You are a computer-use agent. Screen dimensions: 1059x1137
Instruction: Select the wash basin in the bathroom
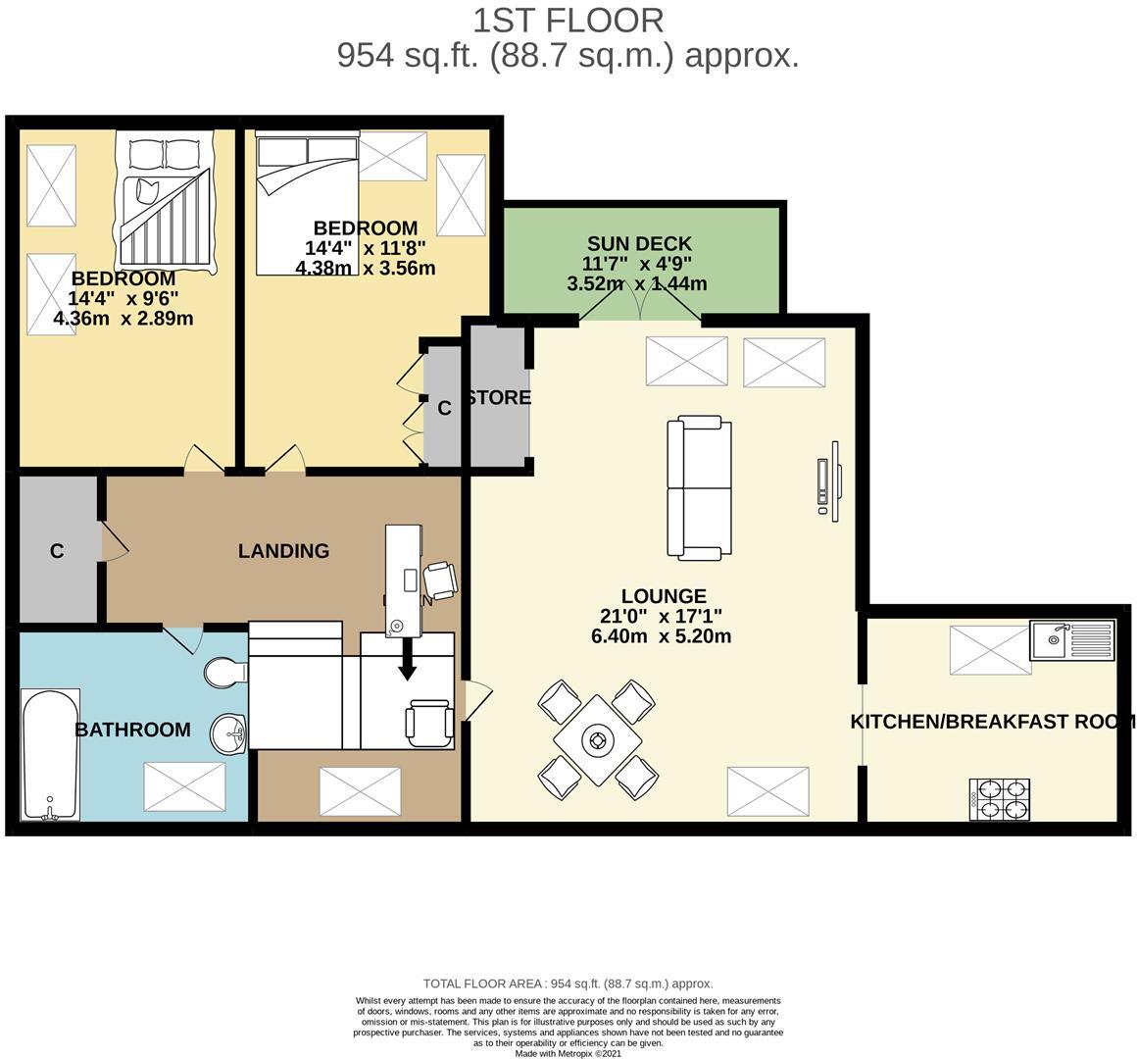[230, 731]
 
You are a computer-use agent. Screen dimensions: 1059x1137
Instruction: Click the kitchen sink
[1071, 640]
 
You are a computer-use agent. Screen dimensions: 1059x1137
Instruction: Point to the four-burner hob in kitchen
[1000, 798]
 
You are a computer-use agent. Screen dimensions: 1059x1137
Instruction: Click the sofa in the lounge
[699, 488]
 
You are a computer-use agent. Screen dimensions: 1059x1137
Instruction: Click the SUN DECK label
[639, 243]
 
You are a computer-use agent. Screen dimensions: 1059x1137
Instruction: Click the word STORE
[500, 398]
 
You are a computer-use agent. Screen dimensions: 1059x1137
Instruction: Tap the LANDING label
[283, 551]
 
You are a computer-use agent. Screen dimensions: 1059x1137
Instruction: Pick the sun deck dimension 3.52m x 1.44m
[636, 284]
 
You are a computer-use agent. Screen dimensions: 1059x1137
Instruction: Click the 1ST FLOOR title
[568, 20]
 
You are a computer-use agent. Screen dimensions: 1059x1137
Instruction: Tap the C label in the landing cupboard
[57, 552]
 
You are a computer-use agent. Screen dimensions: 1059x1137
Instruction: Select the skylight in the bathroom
[184, 786]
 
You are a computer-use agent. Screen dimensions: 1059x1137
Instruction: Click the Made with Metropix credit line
[568, 1053]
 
